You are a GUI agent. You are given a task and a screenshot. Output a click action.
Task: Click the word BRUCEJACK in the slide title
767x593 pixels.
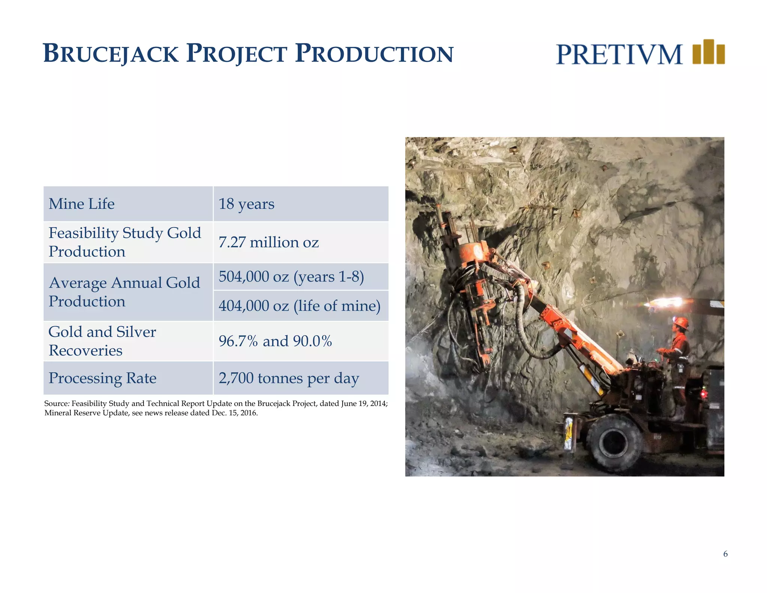[x=111, y=53]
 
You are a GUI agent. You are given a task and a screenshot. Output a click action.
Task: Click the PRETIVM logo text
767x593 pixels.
[x=619, y=55]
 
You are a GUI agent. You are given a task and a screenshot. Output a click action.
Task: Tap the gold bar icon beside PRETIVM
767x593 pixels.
[x=708, y=52]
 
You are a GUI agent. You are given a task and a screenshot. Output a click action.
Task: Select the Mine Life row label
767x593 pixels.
[x=82, y=204]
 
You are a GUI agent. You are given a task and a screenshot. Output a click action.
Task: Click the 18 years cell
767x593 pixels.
[x=246, y=204]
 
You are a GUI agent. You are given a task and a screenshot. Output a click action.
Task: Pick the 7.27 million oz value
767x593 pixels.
[x=269, y=243]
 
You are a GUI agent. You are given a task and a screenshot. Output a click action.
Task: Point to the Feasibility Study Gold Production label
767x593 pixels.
[x=124, y=242]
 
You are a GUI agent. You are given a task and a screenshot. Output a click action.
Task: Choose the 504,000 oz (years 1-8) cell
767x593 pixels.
[x=291, y=277]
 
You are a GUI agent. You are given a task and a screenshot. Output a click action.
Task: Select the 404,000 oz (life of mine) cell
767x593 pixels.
[x=299, y=306]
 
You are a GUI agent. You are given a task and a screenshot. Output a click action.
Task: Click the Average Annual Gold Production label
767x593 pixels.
[x=124, y=292]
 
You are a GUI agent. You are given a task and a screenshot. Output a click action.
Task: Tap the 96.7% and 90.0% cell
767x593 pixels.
[x=275, y=341]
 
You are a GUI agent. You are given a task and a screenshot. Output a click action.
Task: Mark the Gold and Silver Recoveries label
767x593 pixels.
[x=102, y=341]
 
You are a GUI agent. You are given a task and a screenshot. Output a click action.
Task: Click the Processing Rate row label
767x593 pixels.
[x=102, y=378]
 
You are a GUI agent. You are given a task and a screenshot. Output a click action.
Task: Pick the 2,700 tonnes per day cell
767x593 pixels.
[x=289, y=378]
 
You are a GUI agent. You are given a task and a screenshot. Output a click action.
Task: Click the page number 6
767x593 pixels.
[x=725, y=554]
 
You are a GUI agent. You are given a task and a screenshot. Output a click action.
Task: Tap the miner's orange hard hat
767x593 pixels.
[x=681, y=322]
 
